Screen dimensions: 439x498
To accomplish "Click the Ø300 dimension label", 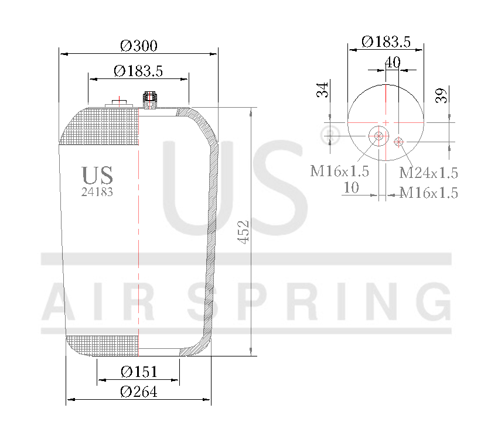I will (x=139, y=46).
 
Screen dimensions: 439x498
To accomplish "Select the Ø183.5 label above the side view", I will (x=138, y=71).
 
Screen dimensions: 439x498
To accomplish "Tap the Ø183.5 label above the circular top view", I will (x=386, y=42).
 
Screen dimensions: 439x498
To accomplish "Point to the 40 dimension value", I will (x=393, y=62).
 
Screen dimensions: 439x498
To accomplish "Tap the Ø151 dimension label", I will (x=139, y=372).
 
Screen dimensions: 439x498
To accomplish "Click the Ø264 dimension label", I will (x=139, y=392).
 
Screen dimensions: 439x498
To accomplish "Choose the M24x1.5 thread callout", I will (x=428, y=173).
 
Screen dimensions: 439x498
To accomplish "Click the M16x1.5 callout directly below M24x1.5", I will (x=428, y=193).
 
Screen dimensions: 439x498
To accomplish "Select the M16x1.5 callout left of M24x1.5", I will (x=340, y=171).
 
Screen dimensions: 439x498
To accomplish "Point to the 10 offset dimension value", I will (x=352, y=187).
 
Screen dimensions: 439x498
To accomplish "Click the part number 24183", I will (x=97, y=191).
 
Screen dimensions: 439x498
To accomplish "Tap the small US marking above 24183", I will (x=97, y=175).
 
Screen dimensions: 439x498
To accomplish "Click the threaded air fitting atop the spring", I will (x=149, y=100).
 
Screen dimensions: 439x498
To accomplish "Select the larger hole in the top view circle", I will (x=378, y=136).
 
